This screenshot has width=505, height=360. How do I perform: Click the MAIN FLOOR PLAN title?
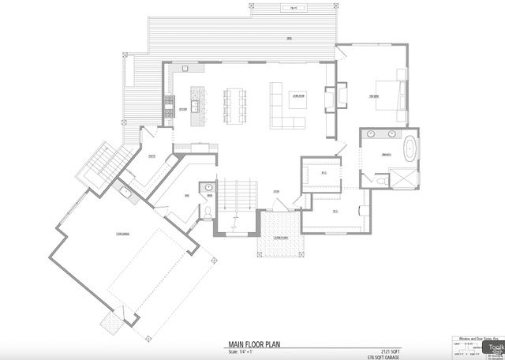click(x=253, y=343)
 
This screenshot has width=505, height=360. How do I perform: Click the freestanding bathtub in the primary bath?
click(x=411, y=151)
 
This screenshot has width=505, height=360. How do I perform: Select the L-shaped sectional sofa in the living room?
click(x=283, y=107)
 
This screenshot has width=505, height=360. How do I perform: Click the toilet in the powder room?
click(x=207, y=212)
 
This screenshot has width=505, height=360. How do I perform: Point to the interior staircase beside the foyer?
click(x=238, y=193)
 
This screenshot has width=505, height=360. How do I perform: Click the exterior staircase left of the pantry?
click(x=100, y=165)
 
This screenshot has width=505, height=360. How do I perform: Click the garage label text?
click(x=122, y=234)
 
